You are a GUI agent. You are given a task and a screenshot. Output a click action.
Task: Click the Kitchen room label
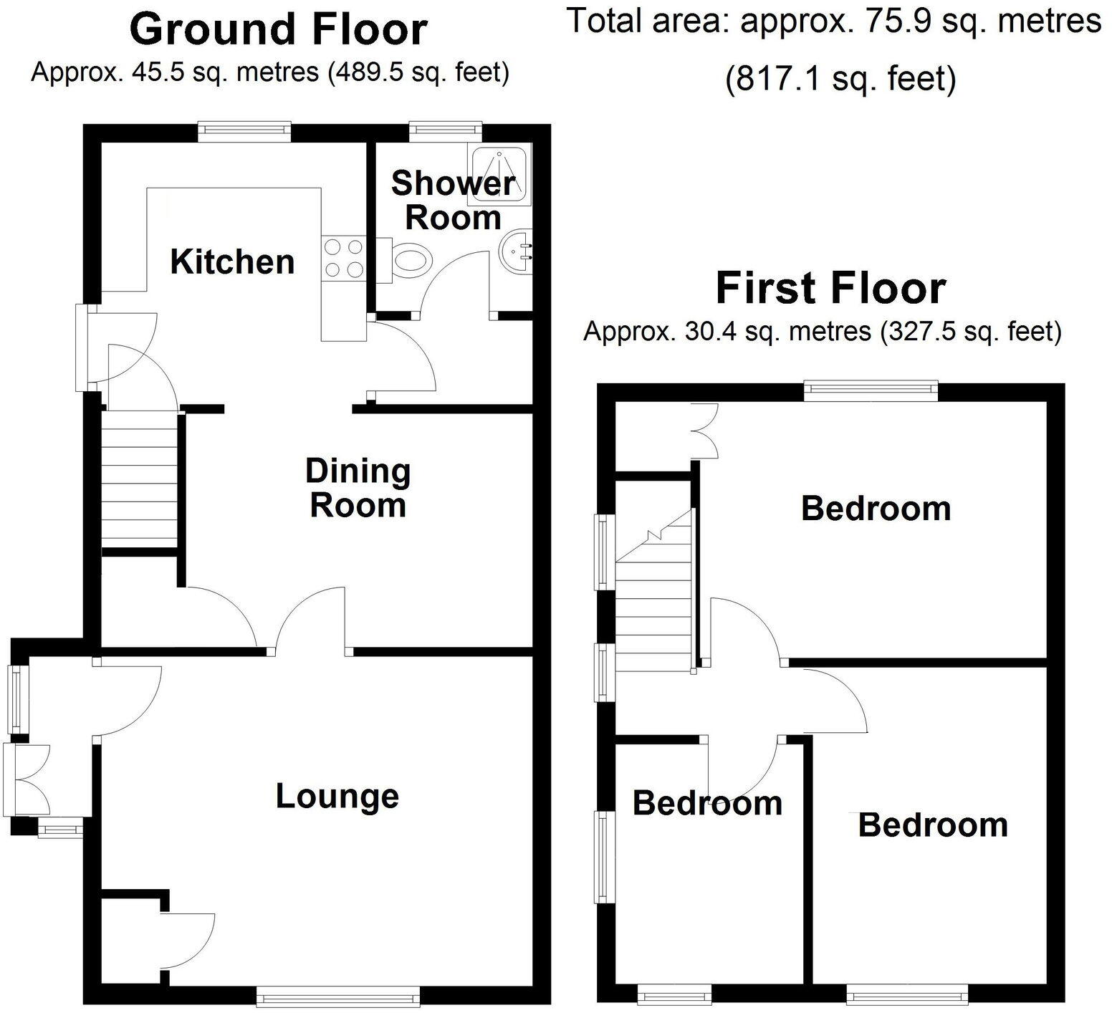(x=232, y=261)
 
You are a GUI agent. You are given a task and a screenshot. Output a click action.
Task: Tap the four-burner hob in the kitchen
(x=343, y=258)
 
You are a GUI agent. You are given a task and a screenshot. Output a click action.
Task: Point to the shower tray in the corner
(x=500, y=173)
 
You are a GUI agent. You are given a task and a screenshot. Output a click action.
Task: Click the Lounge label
(x=337, y=796)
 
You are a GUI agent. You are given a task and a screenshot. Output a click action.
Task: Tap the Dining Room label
(x=358, y=488)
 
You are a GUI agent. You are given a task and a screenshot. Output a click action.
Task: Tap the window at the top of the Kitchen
(x=244, y=129)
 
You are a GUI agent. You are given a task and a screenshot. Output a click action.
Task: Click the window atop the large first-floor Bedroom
(x=871, y=389)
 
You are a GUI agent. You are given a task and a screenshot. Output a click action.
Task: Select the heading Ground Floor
(x=278, y=29)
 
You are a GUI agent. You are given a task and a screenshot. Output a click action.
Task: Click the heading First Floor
(x=830, y=287)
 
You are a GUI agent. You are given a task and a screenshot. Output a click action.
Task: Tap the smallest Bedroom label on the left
(x=707, y=803)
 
